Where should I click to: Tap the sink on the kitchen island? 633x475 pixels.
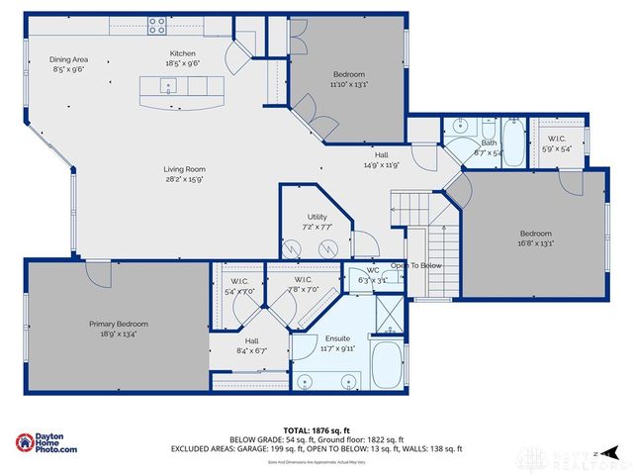coord(168,87)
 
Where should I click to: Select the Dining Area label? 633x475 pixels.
coord(68,58)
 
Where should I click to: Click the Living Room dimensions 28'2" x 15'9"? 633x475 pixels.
coord(184,179)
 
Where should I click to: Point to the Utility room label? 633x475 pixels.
coord(316,216)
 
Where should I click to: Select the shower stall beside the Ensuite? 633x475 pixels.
coord(390,316)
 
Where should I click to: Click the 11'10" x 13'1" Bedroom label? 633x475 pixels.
coord(348,75)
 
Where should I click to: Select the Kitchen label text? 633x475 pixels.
coord(183,53)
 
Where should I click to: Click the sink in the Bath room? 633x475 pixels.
coord(459,127)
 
